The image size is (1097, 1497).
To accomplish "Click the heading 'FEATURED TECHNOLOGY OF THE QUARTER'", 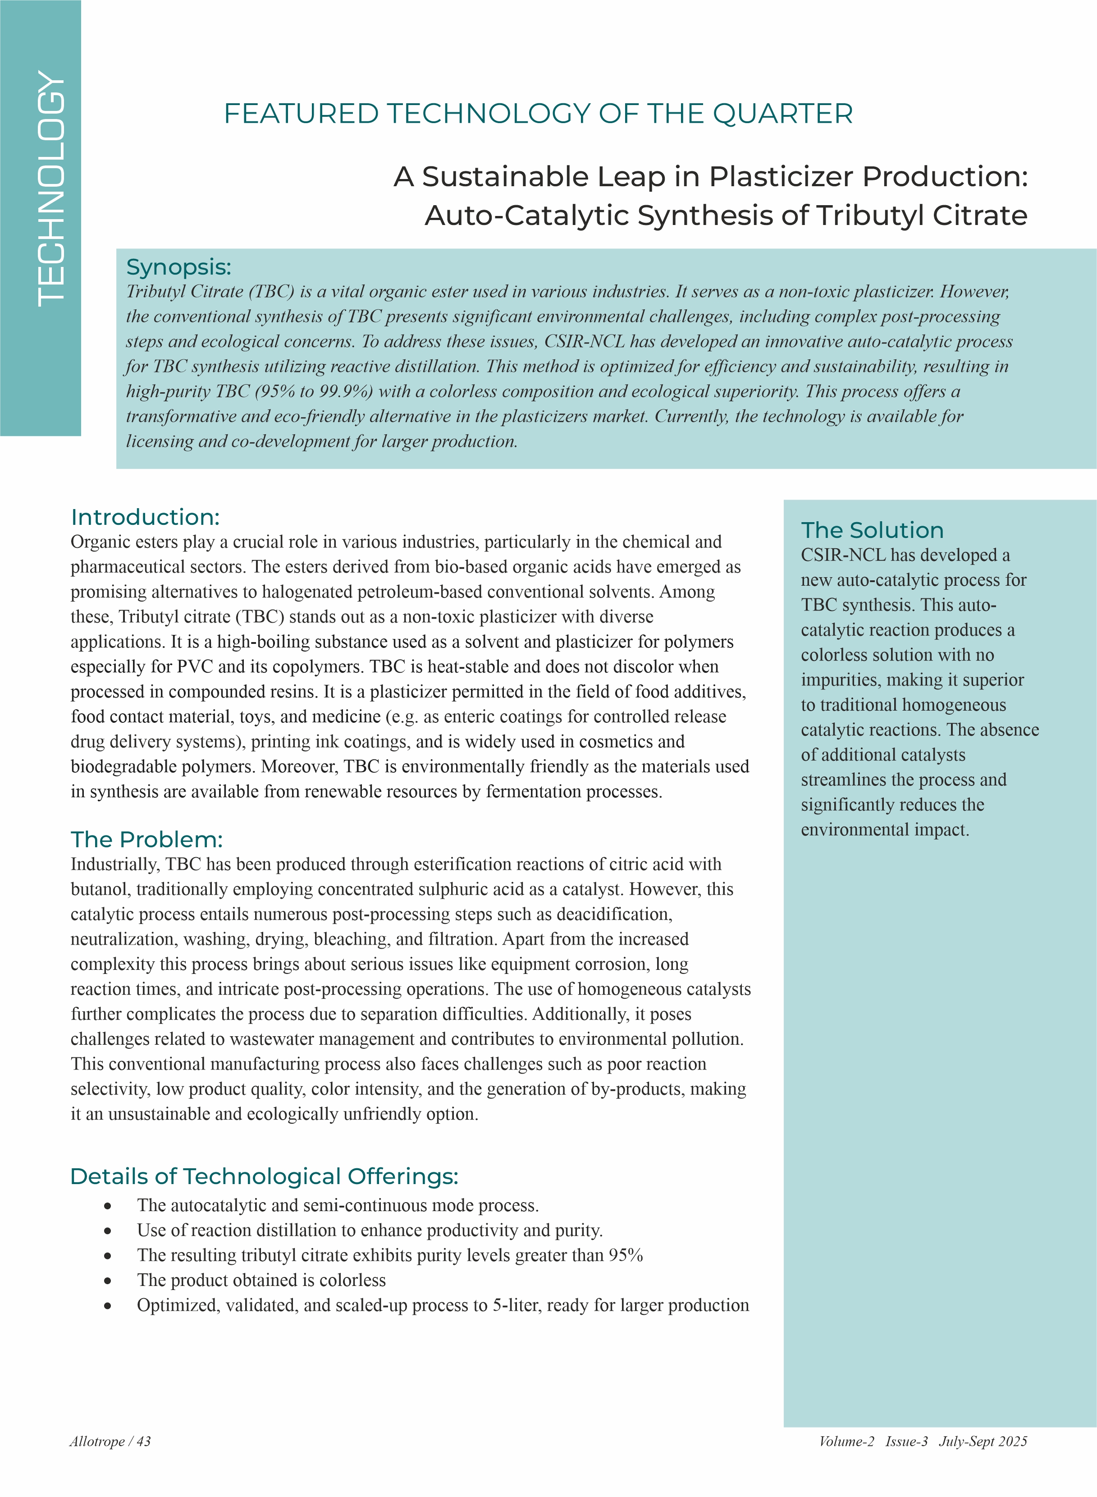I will click(x=538, y=114).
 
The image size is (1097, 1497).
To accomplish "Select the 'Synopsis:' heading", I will click(x=178, y=267).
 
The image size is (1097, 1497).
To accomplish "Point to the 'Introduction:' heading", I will click(x=145, y=517).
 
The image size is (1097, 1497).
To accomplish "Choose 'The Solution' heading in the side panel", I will click(x=872, y=530).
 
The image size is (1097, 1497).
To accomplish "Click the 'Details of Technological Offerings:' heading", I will click(x=264, y=1176).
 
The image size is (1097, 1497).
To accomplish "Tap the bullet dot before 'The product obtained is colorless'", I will click(x=108, y=1281).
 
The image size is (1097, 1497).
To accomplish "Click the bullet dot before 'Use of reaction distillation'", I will click(x=108, y=1231).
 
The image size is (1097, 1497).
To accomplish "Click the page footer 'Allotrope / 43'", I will click(x=110, y=1441).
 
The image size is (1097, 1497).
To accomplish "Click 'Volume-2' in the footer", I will click(x=846, y=1441).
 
